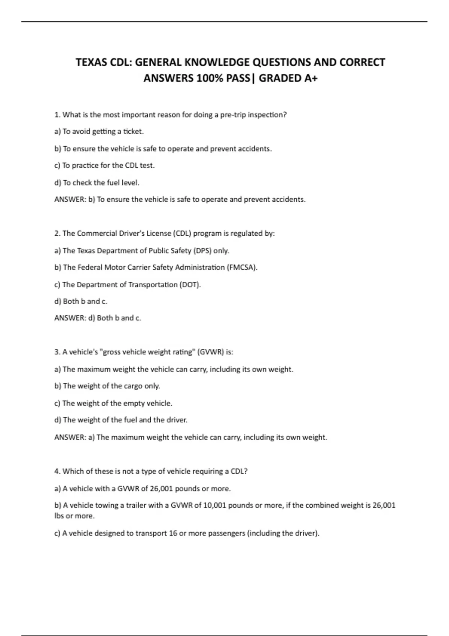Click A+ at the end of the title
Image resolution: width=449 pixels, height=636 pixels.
311,78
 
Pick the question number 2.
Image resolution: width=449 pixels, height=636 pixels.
57,233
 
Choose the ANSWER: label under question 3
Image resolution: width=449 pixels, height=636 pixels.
70,437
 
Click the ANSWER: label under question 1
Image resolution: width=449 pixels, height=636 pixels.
70,199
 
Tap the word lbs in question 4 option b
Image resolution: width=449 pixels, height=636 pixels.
59,516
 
